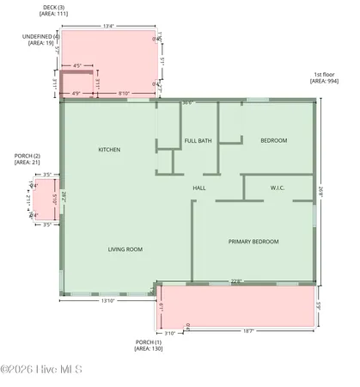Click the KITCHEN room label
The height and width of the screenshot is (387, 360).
tap(109, 150)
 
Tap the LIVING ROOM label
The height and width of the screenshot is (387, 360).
tap(125, 249)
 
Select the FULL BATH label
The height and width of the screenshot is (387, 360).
tap(198, 140)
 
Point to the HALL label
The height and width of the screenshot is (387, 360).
tap(198, 187)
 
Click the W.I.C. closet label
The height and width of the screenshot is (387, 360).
tap(278, 187)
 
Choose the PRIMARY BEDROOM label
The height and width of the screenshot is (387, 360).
tap(253, 242)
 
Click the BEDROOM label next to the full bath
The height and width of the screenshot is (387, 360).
tap(274, 140)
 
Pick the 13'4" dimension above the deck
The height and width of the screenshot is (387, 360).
tap(108, 26)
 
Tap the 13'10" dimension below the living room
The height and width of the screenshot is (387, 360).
tap(109, 300)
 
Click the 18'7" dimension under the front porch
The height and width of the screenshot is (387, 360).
tap(248, 332)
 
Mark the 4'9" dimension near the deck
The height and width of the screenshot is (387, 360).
tap(76, 93)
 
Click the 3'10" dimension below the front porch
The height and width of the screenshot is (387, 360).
tap(169, 332)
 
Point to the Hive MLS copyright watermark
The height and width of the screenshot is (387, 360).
tap(40, 371)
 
